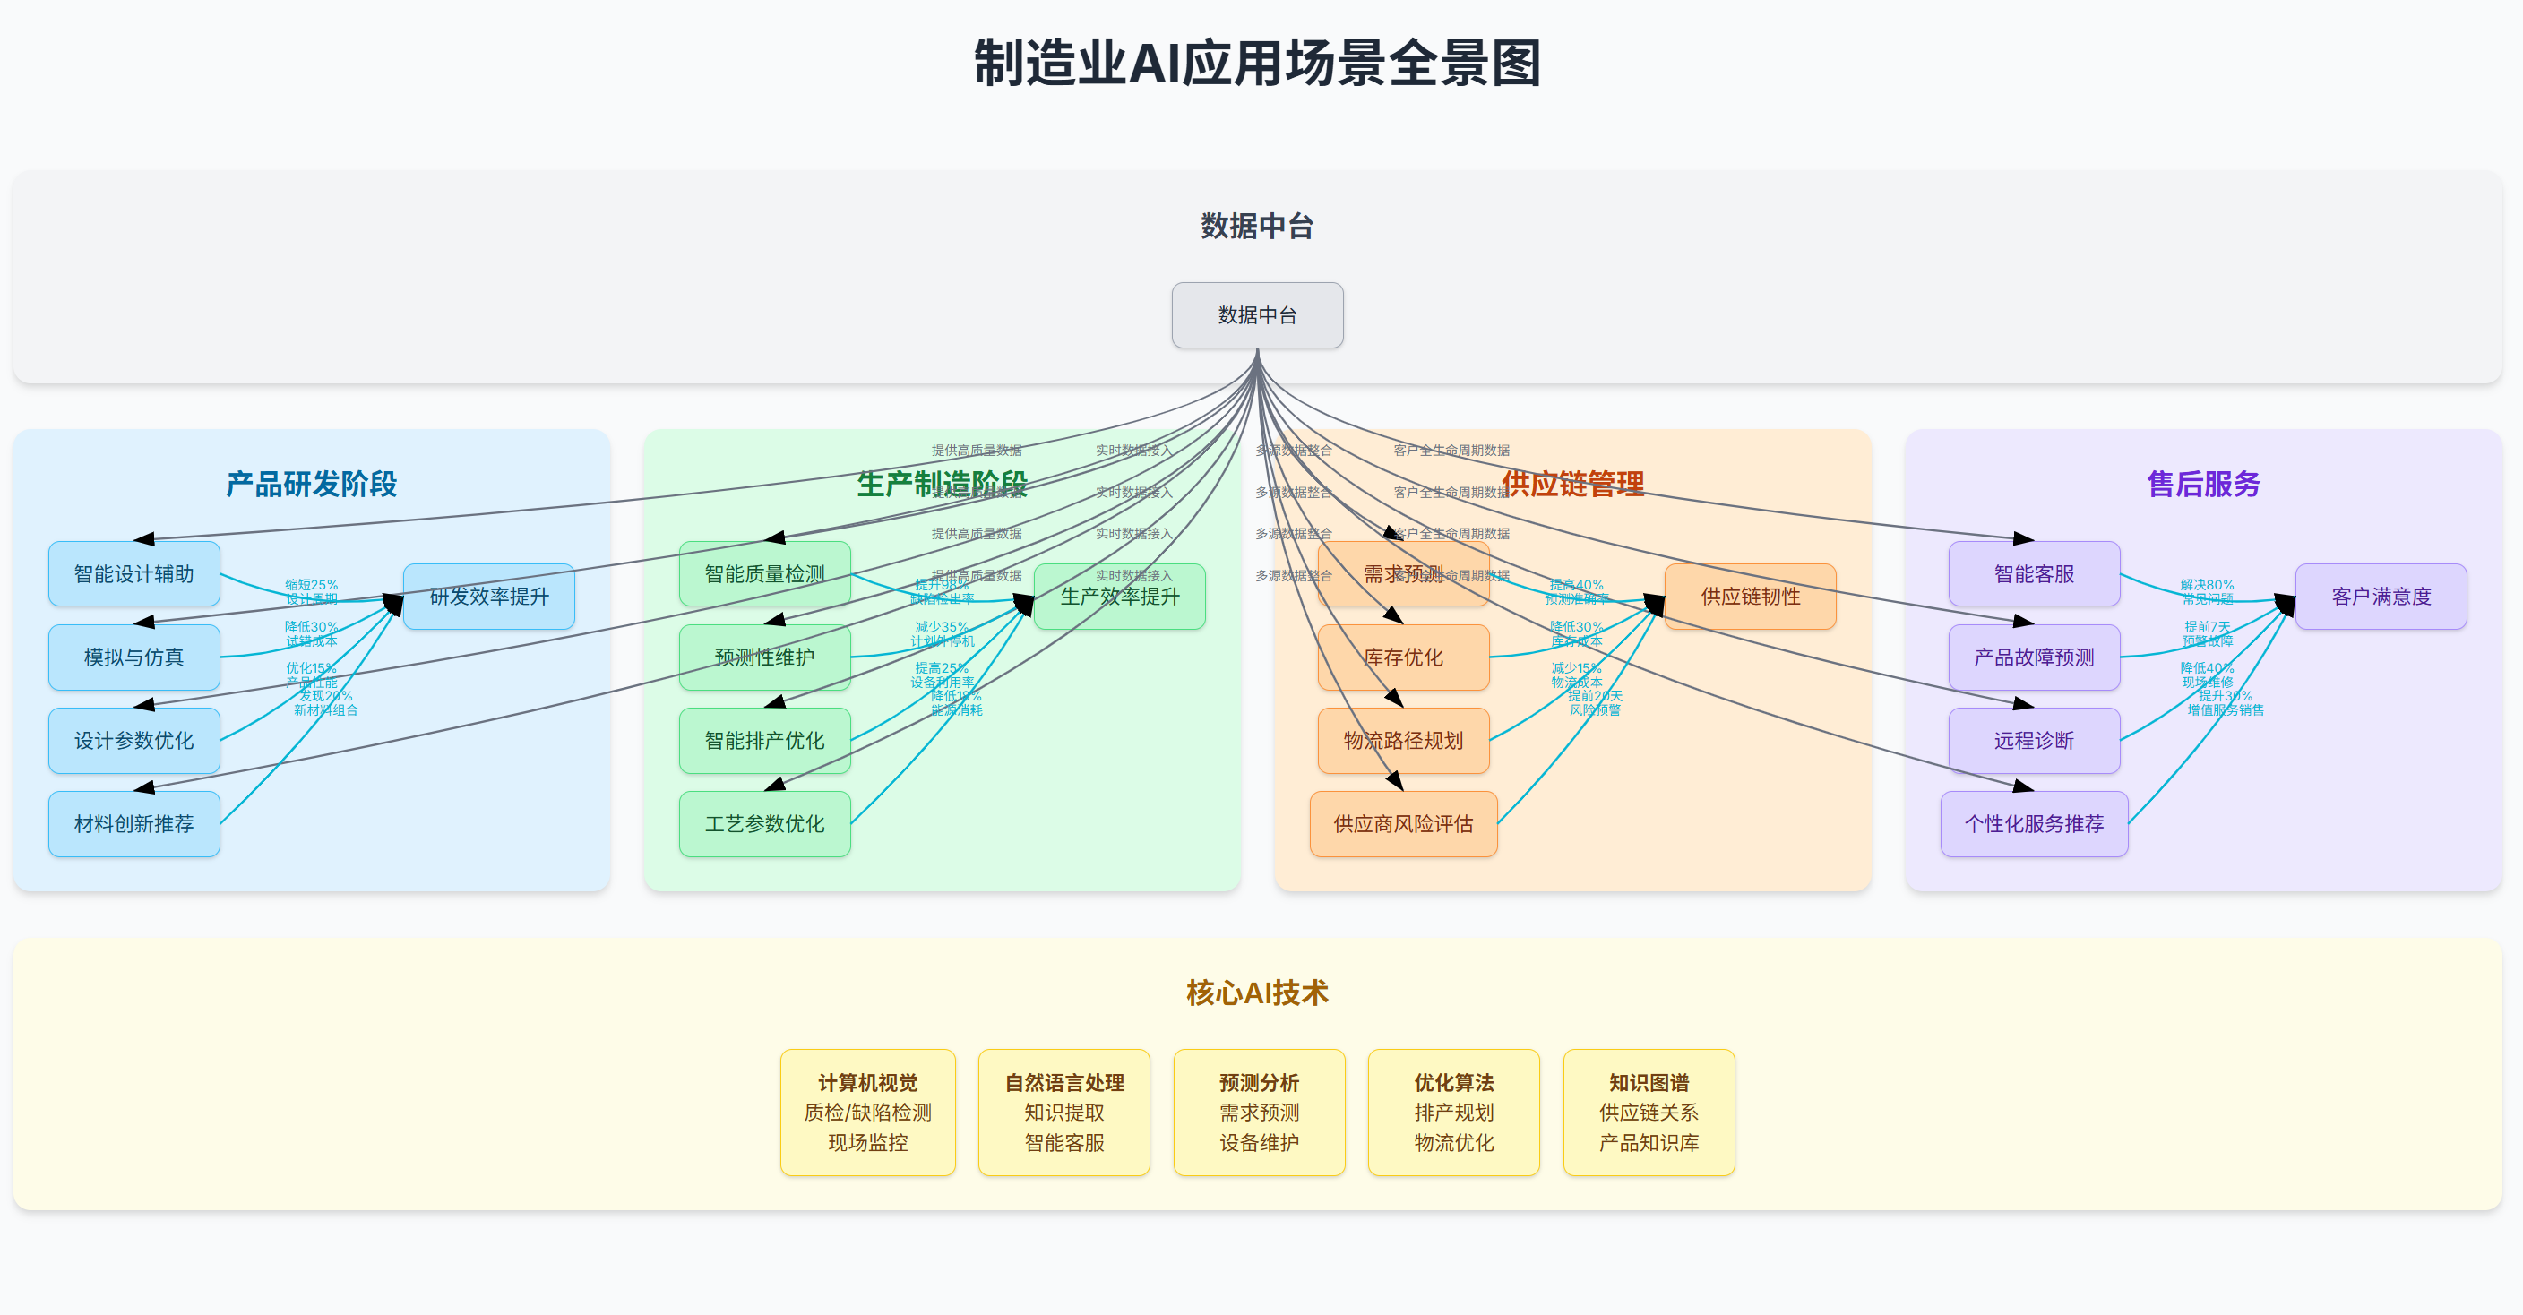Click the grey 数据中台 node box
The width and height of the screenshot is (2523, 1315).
pos(1257,315)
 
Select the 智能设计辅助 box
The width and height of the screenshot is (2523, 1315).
pos(134,574)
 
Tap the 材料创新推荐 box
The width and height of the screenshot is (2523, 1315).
pos(134,823)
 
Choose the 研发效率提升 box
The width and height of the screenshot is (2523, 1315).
pos(488,597)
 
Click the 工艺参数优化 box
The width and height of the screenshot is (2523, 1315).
pos(764,823)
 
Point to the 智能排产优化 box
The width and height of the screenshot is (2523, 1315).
pos(764,740)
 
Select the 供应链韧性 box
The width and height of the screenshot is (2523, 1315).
pos(1750,597)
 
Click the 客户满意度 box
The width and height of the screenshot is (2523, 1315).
pos(2380,597)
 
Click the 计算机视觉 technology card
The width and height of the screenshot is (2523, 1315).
pos(868,1113)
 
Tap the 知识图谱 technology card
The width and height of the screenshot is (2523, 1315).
pos(1649,1113)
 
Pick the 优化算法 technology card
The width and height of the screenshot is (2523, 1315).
pos(1453,1113)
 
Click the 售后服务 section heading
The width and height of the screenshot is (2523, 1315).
pos(2203,484)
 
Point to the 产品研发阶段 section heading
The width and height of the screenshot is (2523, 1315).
pos(312,484)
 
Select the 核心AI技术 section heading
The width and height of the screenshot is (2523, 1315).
pos(1257,993)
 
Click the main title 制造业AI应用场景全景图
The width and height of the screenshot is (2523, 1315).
pos(1257,64)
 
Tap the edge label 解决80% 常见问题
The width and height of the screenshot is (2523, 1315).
pos(2207,591)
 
